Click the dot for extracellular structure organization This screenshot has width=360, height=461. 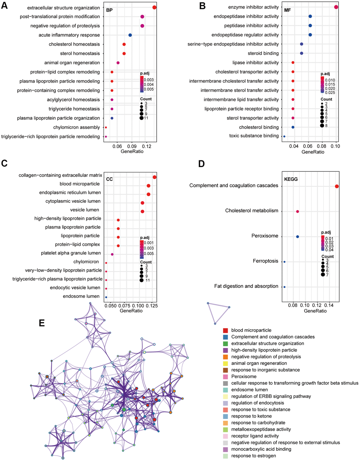pyautogui.click(x=155, y=7)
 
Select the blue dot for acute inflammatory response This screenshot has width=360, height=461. pyautogui.click(x=130, y=35)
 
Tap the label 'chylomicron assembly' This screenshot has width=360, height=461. pyautogui.click(x=77, y=127)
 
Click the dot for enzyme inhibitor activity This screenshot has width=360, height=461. pyautogui.click(x=336, y=7)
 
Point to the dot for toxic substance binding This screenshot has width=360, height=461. pyautogui.click(x=284, y=136)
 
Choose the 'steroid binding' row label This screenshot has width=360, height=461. pyautogui.click(x=263, y=53)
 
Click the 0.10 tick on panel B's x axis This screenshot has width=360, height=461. pyautogui.click(x=335, y=146)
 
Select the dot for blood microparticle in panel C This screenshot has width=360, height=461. pyautogui.click(x=149, y=186)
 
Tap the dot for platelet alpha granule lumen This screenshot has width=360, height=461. pyautogui.click(x=112, y=254)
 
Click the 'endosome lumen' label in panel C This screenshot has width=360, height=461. pyautogui.click(x=81, y=296)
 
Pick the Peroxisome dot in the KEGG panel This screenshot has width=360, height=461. pyautogui.click(x=298, y=237)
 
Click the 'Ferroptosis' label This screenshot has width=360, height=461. pyautogui.click(x=265, y=261)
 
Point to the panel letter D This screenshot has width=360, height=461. pyautogui.click(x=202, y=164)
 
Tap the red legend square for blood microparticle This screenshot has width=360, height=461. pyautogui.click(x=225, y=330)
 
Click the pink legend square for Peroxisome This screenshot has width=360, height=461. pyautogui.click(x=225, y=377)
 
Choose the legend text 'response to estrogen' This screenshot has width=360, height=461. pyautogui.click(x=254, y=456)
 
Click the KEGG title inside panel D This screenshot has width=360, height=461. pyautogui.click(x=291, y=179)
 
